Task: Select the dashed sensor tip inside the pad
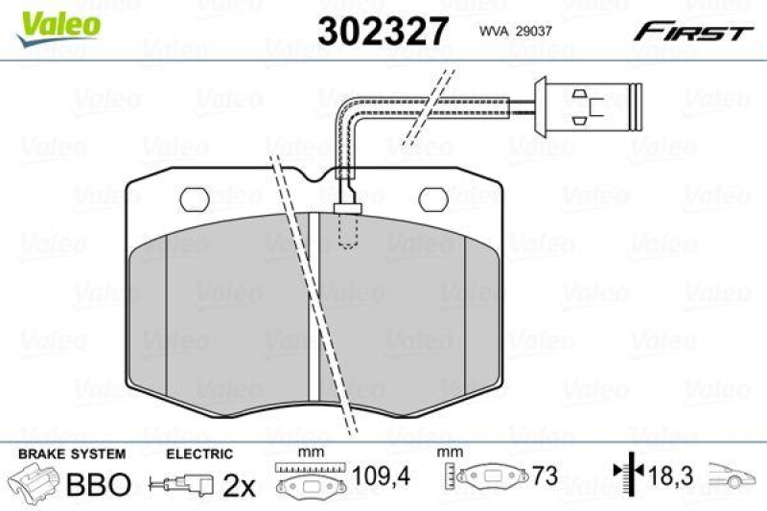pyautogui.click(x=347, y=228)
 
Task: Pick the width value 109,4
pyautogui.click(x=373, y=474)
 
